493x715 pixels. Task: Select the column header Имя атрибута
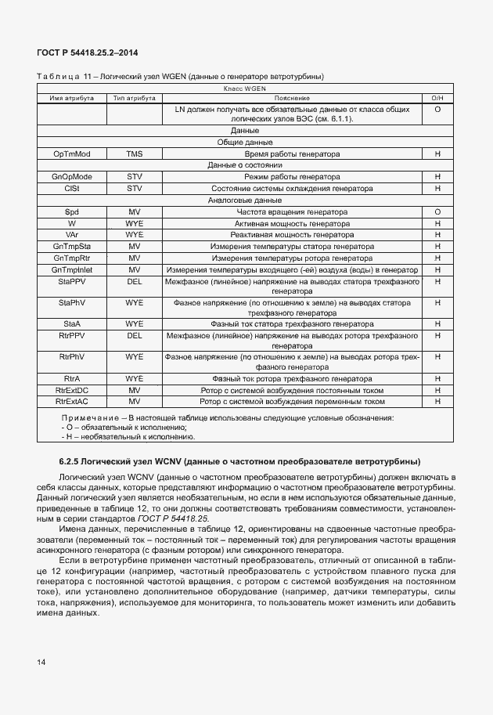click(x=72, y=99)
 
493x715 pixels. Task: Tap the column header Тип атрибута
click(x=135, y=99)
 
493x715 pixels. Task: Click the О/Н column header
click(x=437, y=99)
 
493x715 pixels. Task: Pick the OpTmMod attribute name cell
click(x=72, y=154)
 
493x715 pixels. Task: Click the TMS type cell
click(x=135, y=154)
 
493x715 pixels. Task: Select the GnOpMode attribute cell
click(x=72, y=178)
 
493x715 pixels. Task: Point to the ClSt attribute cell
click(x=72, y=189)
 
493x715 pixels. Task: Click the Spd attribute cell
click(x=72, y=212)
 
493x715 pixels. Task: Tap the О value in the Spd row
click(x=437, y=212)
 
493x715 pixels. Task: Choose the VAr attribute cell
click(x=72, y=235)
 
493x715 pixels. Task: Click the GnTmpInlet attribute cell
click(x=72, y=269)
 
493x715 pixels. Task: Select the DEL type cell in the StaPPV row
click(x=135, y=280)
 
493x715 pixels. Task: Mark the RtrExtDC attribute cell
click(x=72, y=390)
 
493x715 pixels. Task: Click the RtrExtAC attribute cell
click(x=72, y=402)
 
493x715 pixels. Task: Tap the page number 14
click(x=41, y=663)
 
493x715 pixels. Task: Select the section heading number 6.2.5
click(x=72, y=460)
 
